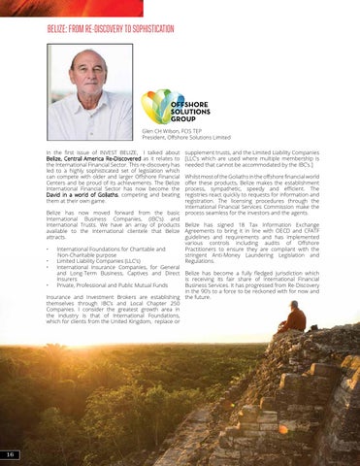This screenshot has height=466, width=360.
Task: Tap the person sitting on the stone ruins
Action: coord(293,317)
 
